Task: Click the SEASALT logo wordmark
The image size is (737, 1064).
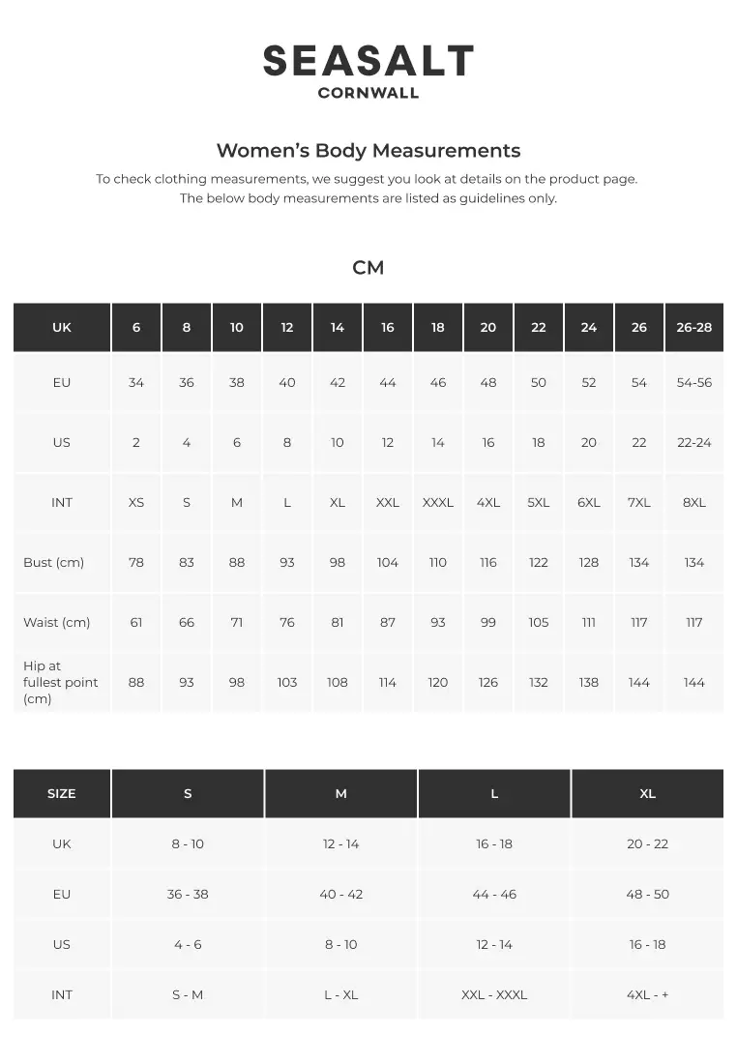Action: coord(368,61)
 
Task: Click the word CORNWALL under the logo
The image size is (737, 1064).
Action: coord(368,94)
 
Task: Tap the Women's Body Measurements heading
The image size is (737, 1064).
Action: coord(368,150)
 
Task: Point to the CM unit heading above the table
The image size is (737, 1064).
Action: coord(368,268)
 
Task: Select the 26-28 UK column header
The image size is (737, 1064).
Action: coord(694,327)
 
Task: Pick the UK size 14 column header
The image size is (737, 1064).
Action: coord(338,327)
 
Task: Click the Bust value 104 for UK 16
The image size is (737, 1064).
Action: coord(388,562)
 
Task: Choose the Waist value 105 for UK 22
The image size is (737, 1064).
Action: coord(539,622)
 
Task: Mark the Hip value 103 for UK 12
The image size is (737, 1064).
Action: coord(287,682)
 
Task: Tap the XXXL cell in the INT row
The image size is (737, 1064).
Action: coord(438,502)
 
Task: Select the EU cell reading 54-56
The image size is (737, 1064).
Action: coord(694,382)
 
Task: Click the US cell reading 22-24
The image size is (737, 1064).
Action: coord(694,442)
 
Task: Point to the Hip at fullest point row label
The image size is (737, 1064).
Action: coord(60,682)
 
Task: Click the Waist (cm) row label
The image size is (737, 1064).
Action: coord(56,622)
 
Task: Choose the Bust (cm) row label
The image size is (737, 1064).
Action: coord(53,562)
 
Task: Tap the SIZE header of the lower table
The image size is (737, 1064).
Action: coord(62,793)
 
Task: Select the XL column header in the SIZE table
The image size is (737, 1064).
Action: coord(647,793)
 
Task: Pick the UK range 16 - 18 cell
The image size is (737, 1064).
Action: coord(494,843)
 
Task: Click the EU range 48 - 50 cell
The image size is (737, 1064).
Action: coord(647,894)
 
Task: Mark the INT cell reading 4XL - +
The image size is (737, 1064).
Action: coord(647,994)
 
